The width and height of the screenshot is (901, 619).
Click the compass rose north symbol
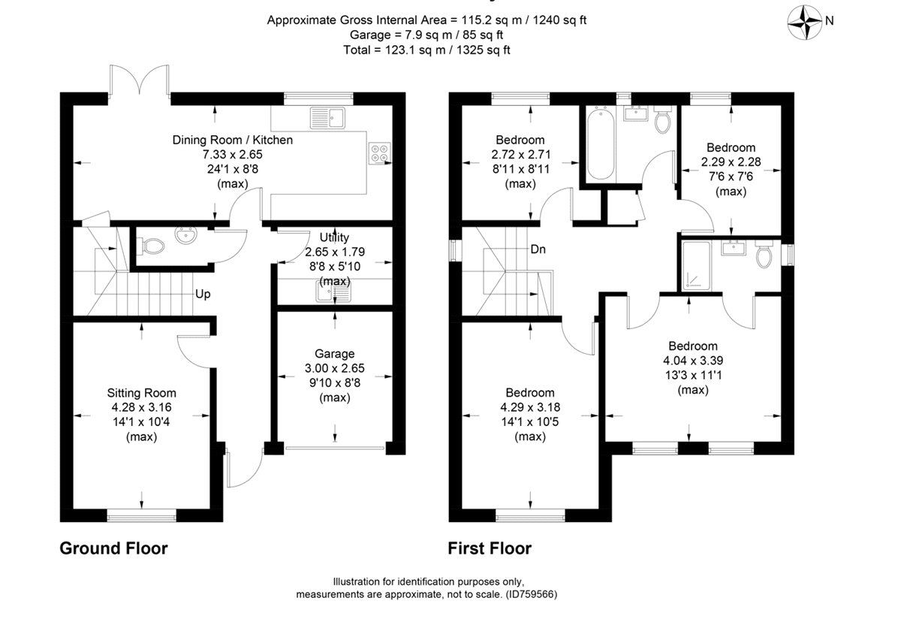point(809,21)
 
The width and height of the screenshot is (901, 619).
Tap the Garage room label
point(334,354)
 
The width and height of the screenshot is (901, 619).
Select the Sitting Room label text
point(141,393)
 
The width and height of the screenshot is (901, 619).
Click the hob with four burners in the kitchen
point(379,153)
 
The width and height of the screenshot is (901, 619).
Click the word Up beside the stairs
point(203,294)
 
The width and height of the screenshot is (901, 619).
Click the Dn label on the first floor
point(538,249)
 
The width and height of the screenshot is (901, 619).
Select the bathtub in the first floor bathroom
point(600,144)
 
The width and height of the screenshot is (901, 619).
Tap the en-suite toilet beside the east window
point(764,255)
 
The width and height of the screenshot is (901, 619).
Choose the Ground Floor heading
point(113,548)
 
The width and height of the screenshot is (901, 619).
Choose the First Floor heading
point(490,548)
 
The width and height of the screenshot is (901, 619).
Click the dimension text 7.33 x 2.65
point(232,154)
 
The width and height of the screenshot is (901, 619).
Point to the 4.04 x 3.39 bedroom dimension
point(693,361)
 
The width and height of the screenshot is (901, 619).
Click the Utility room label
point(334,238)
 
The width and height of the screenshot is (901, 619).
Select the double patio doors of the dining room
point(139,79)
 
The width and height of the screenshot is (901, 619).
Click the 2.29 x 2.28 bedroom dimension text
point(728,162)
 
